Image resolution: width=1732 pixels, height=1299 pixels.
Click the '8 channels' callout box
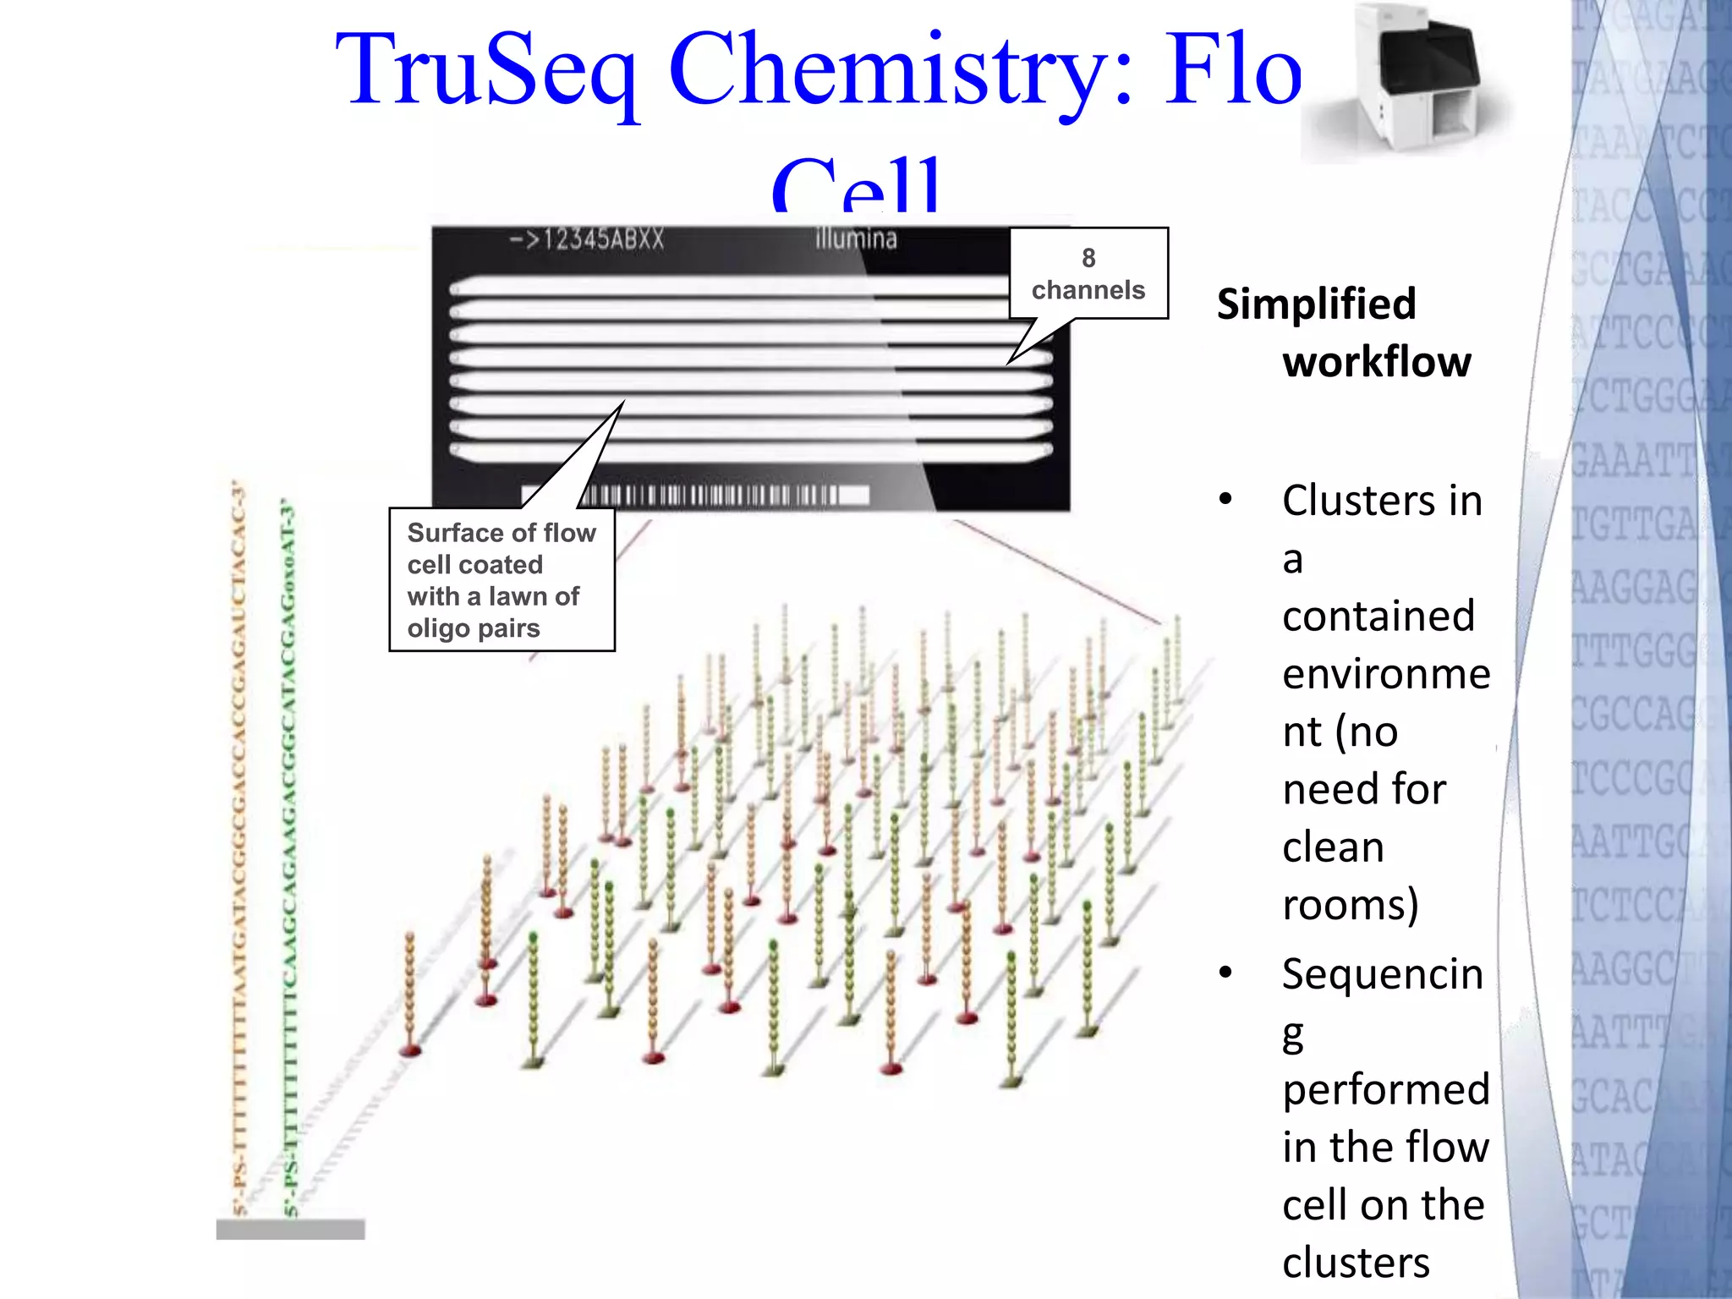1088,273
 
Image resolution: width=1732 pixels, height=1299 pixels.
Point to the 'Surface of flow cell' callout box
502,580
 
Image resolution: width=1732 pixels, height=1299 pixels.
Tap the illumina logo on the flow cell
855,239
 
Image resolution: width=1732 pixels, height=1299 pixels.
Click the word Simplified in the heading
1316,304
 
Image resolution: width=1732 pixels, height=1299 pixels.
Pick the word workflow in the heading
1377,362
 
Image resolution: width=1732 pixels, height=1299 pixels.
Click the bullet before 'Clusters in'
1225,501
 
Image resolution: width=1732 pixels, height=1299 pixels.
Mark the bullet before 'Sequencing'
1225,973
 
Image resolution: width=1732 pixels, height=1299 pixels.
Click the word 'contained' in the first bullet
1378,616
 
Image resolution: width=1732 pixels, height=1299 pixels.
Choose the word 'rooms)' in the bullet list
1350,904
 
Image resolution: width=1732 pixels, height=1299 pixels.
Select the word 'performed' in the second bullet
1385,1089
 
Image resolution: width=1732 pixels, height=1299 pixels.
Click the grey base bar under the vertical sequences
290,1229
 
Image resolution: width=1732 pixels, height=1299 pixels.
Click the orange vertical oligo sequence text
239,846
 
